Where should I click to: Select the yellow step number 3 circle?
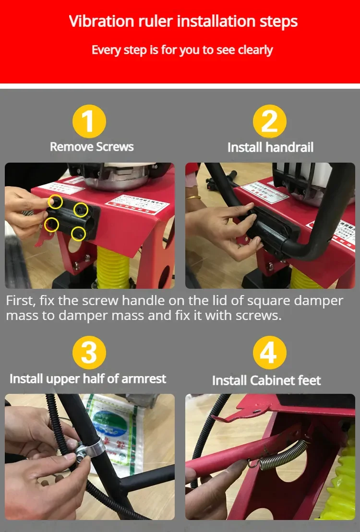[89, 353]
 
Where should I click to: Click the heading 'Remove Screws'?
[92, 146]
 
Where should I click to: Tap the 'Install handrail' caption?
[270, 147]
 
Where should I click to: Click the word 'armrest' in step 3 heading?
[144, 378]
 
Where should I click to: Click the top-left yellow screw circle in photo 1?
[55, 202]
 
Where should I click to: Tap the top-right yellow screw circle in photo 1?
[81, 209]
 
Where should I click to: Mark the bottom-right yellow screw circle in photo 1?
[78, 233]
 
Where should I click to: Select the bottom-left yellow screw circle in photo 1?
[51, 224]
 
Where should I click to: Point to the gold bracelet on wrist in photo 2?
[193, 197]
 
